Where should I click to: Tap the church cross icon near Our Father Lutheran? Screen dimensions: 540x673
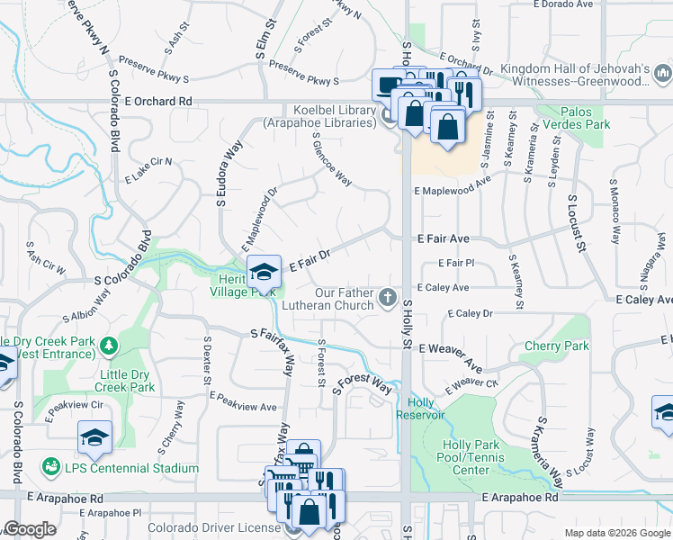(x=388, y=296)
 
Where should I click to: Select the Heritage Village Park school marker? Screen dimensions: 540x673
(x=263, y=272)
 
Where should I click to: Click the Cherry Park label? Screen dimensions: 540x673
(x=556, y=346)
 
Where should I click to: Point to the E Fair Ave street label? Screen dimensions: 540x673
(x=443, y=239)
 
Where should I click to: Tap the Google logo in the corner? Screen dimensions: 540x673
(x=29, y=529)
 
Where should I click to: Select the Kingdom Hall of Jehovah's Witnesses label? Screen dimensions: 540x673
(x=574, y=76)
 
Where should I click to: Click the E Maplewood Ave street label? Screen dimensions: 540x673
(x=452, y=185)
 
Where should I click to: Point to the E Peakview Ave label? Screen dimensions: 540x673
(x=243, y=401)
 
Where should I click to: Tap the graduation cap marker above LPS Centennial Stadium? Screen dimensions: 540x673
(x=94, y=437)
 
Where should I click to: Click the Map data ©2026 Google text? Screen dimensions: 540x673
(x=616, y=533)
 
